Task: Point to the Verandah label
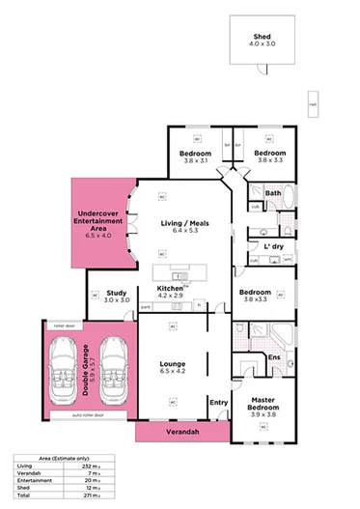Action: tap(181, 432)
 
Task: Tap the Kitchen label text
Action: tap(170, 288)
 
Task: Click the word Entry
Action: tap(218, 402)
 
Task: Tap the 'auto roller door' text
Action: tap(90, 415)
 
